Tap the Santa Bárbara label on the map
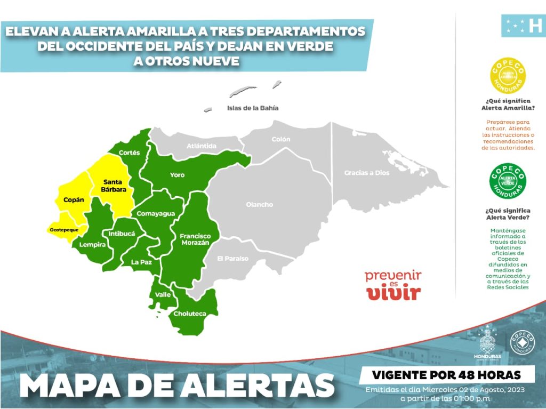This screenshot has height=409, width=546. [x=115, y=185]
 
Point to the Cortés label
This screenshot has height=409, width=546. [x=129, y=153]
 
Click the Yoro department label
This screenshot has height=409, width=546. [x=177, y=175]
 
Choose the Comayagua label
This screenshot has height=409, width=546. [x=156, y=214]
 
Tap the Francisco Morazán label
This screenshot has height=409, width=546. [x=195, y=239]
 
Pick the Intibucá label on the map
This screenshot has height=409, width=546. [x=122, y=234]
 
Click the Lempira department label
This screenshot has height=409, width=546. [x=93, y=245]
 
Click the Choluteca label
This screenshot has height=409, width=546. [x=190, y=314]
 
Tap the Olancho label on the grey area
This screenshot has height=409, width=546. [x=259, y=204]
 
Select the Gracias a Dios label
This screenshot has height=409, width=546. [x=367, y=173]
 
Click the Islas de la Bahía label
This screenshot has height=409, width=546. [x=253, y=108]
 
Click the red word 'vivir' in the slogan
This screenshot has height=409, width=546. [x=394, y=293]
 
